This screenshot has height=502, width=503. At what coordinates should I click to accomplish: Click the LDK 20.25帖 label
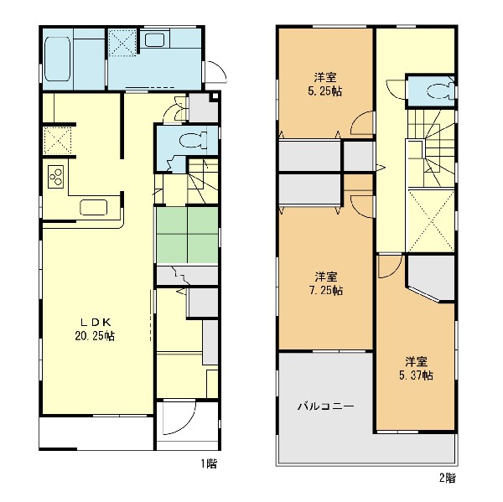pos(95,329)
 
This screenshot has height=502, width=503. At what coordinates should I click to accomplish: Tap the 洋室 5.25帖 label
pos(325,85)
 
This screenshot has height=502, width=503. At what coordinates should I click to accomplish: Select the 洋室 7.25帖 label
pos(325,283)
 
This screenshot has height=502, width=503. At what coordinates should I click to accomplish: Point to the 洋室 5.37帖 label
pos(416,369)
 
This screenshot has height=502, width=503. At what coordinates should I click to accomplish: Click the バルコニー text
pos(326,406)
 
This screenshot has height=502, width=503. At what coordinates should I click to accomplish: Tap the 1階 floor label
pos(209,463)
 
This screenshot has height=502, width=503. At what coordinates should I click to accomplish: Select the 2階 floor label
pos(447,479)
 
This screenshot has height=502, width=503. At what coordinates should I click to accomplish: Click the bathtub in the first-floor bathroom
pos(57,59)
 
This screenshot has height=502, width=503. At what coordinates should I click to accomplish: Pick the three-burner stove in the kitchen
pos(56,177)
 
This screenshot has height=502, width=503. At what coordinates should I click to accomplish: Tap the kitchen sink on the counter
pos(94,208)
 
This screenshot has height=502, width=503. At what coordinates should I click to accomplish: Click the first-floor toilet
pos(193,141)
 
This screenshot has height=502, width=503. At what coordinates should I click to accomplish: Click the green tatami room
pos(187,235)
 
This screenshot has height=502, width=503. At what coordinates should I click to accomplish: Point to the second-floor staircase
pos(431,148)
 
